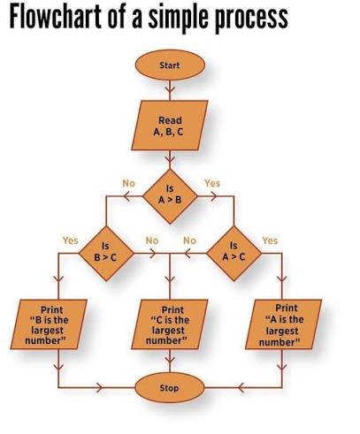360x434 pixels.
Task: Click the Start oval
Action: click(170, 65)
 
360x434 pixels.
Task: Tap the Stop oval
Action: click(170, 388)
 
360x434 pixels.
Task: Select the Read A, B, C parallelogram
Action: click(170, 126)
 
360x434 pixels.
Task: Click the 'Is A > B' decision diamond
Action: click(170, 196)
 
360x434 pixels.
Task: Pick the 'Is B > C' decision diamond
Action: click(106, 254)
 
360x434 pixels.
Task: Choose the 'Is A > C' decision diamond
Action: click(234, 254)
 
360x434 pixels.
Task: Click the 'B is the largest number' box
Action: click(49, 324)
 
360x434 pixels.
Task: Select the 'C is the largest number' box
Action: click(170, 324)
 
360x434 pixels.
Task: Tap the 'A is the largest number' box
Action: click(283, 324)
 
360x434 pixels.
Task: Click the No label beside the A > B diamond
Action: click(129, 183)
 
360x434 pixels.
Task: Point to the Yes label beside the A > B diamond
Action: click(212, 183)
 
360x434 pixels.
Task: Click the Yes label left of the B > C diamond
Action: click(71, 240)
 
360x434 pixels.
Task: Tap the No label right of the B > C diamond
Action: click(152, 240)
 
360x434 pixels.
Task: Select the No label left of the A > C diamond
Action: click(190, 240)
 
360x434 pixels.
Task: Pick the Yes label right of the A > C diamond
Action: click(270, 240)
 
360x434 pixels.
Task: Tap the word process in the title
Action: click(250, 19)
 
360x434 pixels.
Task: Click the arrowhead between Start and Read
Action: click(170, 88)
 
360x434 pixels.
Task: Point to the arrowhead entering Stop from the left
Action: click(99, 387)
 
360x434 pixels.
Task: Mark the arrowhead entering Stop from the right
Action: click(241, 387)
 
